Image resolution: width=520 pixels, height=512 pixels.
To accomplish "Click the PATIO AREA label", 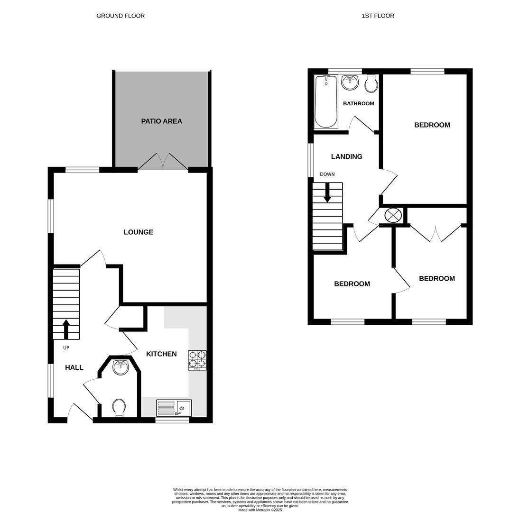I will tap(161, 121).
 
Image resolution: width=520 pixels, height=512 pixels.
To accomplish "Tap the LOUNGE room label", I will tap(138, 232).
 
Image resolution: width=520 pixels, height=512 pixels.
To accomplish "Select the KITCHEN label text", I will tap(161, 354).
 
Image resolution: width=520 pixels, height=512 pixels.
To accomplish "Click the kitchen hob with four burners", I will tap(197, 360).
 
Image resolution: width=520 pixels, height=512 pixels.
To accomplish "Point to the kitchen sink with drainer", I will tap(174, 408).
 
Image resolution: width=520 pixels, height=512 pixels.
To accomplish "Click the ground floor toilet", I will tap(119, 407).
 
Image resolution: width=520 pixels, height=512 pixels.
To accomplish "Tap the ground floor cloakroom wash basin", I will tap(121, 367).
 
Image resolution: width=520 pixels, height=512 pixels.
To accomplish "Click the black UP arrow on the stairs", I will tap(66, 329).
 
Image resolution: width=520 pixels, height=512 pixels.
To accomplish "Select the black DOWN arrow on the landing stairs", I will tap(327, 192).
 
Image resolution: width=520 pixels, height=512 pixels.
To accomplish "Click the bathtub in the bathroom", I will tap(326, 101).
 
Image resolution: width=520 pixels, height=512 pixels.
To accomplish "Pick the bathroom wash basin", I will tap(350, 82).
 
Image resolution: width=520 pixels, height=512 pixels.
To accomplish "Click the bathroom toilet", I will tap(371, 83).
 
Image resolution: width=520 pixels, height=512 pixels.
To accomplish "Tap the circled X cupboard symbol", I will tap(393, 215).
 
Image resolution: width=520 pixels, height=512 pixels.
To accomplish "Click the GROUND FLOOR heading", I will tap(121, 16).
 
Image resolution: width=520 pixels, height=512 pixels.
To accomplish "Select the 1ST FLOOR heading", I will tap(378, 16).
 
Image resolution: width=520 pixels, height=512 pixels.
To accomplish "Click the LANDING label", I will tap(346, 157).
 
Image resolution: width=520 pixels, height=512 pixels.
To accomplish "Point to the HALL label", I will tap(74, 367).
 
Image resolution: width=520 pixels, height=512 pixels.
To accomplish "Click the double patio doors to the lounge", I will tap(163, 162).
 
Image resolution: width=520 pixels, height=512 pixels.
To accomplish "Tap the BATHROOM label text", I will tap(358, 103).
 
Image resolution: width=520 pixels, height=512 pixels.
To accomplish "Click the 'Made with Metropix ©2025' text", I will tap(260, 510).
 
